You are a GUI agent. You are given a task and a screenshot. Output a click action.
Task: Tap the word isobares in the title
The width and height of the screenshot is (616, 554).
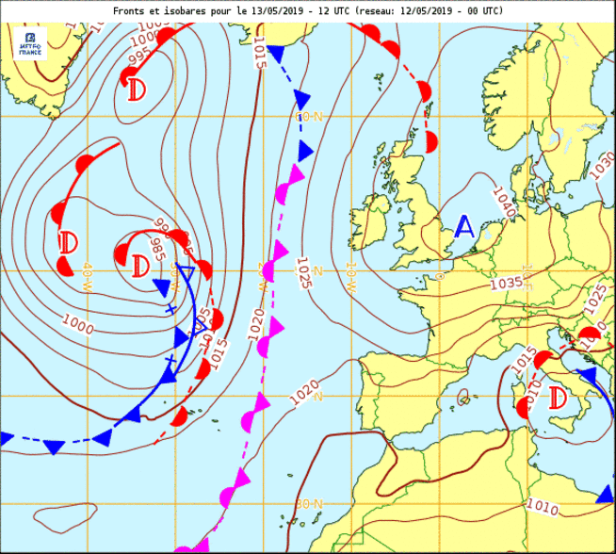[x=187, y=10]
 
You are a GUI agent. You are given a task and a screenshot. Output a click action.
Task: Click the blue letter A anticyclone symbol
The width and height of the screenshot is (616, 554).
[x=464, y=226]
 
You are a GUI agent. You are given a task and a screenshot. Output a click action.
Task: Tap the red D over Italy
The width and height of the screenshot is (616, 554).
[x=557, y=397]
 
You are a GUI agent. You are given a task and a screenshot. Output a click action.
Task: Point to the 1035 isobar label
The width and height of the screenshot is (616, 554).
[x=506, y=283]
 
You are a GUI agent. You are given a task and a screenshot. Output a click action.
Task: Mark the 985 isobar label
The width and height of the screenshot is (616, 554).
[x=157, y=249]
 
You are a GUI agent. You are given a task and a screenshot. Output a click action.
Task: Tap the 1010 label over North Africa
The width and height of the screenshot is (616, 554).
[x=543, y=505]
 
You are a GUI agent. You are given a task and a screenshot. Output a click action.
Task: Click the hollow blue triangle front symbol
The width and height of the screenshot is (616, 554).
[x=186, y=274]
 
